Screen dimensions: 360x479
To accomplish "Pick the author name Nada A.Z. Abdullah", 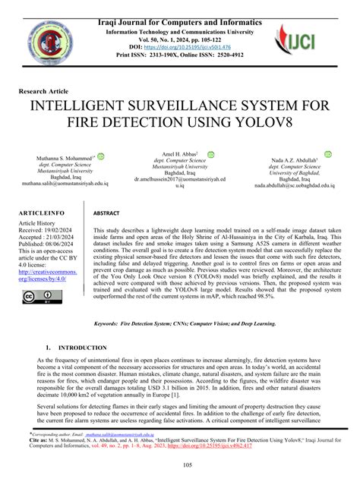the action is (x=295, y=161).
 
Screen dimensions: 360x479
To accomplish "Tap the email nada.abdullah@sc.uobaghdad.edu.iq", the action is (x=296, y=184).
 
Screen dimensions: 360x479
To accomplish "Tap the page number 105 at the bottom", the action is (x=180, y=465).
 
